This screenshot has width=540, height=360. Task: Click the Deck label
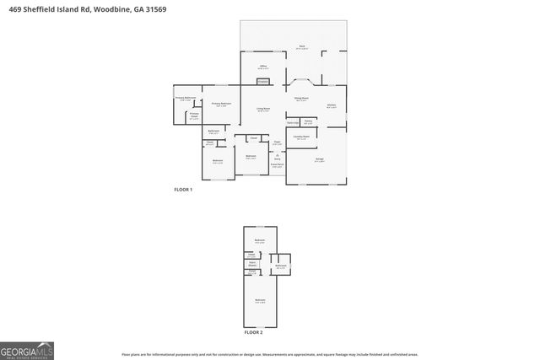click(300, 47)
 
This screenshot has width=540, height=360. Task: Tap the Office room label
click(263, 66)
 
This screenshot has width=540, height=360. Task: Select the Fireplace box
click(263, 82)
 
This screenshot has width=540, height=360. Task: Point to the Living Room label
click(263, 109)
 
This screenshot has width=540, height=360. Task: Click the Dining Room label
click(300, 99)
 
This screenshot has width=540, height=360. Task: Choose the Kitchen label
click(332, 105)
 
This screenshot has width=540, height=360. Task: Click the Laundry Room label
click(301, 137)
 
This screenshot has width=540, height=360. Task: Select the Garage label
click(319, 160)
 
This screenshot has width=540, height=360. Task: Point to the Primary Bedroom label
click(221, 104)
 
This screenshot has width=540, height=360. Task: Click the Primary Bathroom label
click(186, 98)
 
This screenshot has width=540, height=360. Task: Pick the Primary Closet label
click(194, 116)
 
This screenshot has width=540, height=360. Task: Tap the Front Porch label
click(277, 164)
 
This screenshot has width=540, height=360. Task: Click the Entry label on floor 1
click(277, 156)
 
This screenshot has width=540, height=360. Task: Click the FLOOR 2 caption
click(253, 332)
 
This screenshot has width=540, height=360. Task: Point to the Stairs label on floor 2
click(251, 262)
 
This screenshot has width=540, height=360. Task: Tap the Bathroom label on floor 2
click(280, 266)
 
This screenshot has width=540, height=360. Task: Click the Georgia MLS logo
click(27, 349)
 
